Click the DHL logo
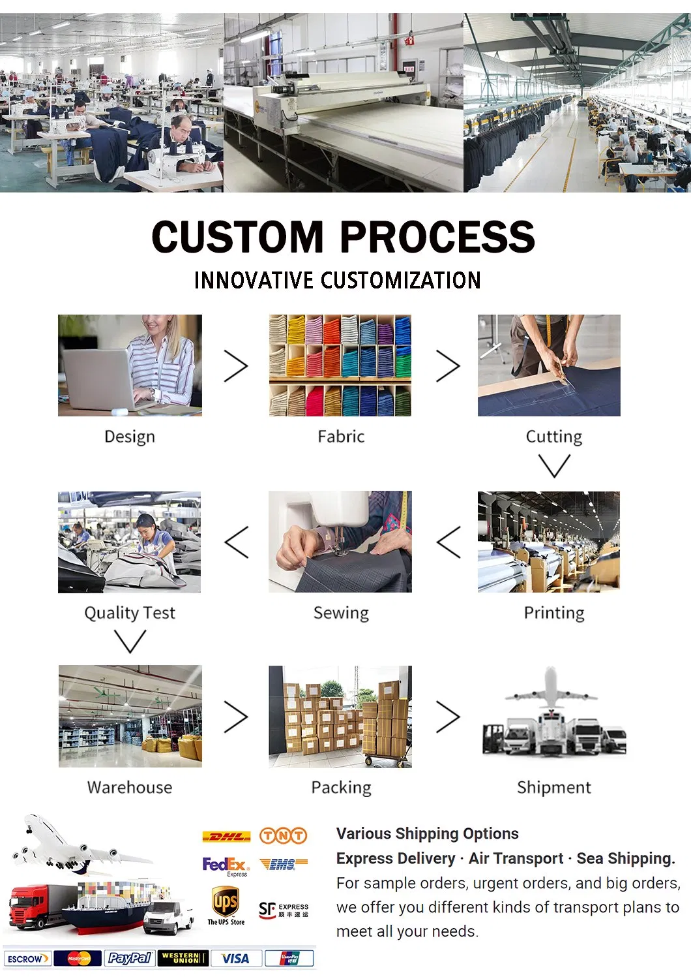226,836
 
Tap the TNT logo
283,835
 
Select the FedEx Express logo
225,866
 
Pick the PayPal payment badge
129,958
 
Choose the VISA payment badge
235,958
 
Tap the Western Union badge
183,958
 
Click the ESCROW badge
27,959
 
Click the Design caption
130,437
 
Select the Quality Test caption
130,613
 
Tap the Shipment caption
553,787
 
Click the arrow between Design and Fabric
236,365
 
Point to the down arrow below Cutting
554,466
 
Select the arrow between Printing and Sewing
448,542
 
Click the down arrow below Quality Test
130,641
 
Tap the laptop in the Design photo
98,379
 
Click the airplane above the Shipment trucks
551,689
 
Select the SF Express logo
283,910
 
